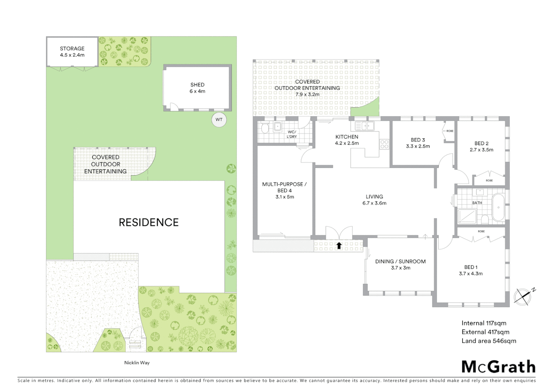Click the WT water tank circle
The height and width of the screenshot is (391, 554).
[x=219, y=120]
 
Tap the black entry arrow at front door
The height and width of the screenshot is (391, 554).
[x=339, y=246]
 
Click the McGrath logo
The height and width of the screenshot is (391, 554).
[x=498, y=367]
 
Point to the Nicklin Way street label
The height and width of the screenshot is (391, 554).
[x=137, y=363]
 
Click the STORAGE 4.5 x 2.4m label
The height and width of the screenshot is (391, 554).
[x=72, y=52]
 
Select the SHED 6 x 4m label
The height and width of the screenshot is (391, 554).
[x=197, y=88]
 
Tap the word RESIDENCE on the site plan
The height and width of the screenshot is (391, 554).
[x=149, y=222]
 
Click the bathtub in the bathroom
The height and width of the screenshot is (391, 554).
[x=498, y=207]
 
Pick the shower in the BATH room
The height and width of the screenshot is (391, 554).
[x=467, y=216]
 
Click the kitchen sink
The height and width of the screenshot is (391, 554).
[x=365, y=126]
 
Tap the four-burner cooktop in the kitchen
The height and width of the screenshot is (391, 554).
[x=384, y=144]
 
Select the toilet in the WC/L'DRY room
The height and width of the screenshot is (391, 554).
[x=265, y=128]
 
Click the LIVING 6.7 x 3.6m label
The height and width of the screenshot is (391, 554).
[x=374, y=200]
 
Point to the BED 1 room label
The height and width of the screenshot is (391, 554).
[x=471, y=270]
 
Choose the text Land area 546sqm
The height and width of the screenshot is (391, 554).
[x=488, y=341]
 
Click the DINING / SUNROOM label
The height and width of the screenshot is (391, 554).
[x=400, y=265]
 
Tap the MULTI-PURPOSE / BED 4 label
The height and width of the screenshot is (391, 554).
[x=285, y=190]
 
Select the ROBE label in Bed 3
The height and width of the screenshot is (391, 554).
[x=450, y=131]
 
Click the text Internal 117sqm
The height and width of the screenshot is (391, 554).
[x=484, y=323]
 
